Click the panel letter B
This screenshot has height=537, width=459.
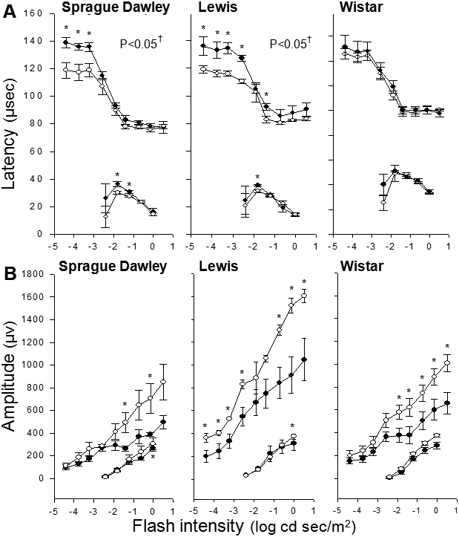(9, 269)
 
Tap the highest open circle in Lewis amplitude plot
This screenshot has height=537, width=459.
(304, 296)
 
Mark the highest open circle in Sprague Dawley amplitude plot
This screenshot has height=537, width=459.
(163, 382)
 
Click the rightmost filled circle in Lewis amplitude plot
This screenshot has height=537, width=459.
(304, 359)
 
